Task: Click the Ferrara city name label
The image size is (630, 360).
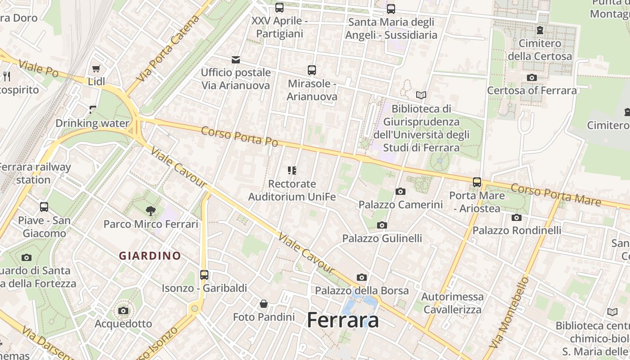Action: (342, 320)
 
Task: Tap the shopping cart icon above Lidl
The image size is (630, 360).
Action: (96, 68)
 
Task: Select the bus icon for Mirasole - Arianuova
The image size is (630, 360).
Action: (312, 70)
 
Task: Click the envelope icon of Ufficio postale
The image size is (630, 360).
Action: (235, 59)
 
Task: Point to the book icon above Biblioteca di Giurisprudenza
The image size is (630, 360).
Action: (421, 95)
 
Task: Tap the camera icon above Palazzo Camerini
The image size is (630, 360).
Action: (400, 191)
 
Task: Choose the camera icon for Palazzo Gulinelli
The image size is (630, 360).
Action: (382, 225)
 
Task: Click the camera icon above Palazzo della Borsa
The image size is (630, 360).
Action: (361, 277)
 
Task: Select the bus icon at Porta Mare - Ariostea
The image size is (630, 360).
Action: (477, 182)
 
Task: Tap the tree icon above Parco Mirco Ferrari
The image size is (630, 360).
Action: (150, 210)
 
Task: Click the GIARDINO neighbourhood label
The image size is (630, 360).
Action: (150, 256)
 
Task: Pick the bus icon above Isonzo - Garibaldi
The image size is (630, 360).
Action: (204, 274)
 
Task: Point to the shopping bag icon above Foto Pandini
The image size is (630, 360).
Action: (264, 304)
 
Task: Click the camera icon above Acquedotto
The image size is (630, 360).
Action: (123, 310)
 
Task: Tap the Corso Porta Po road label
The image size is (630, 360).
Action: (239, 135)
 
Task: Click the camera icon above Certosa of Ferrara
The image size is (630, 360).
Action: (531, 77)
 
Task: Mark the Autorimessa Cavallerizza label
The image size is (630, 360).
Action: (452, 303)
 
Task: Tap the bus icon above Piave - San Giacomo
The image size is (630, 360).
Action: (44, 207)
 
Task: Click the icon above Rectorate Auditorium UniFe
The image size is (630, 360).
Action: (292, 171)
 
